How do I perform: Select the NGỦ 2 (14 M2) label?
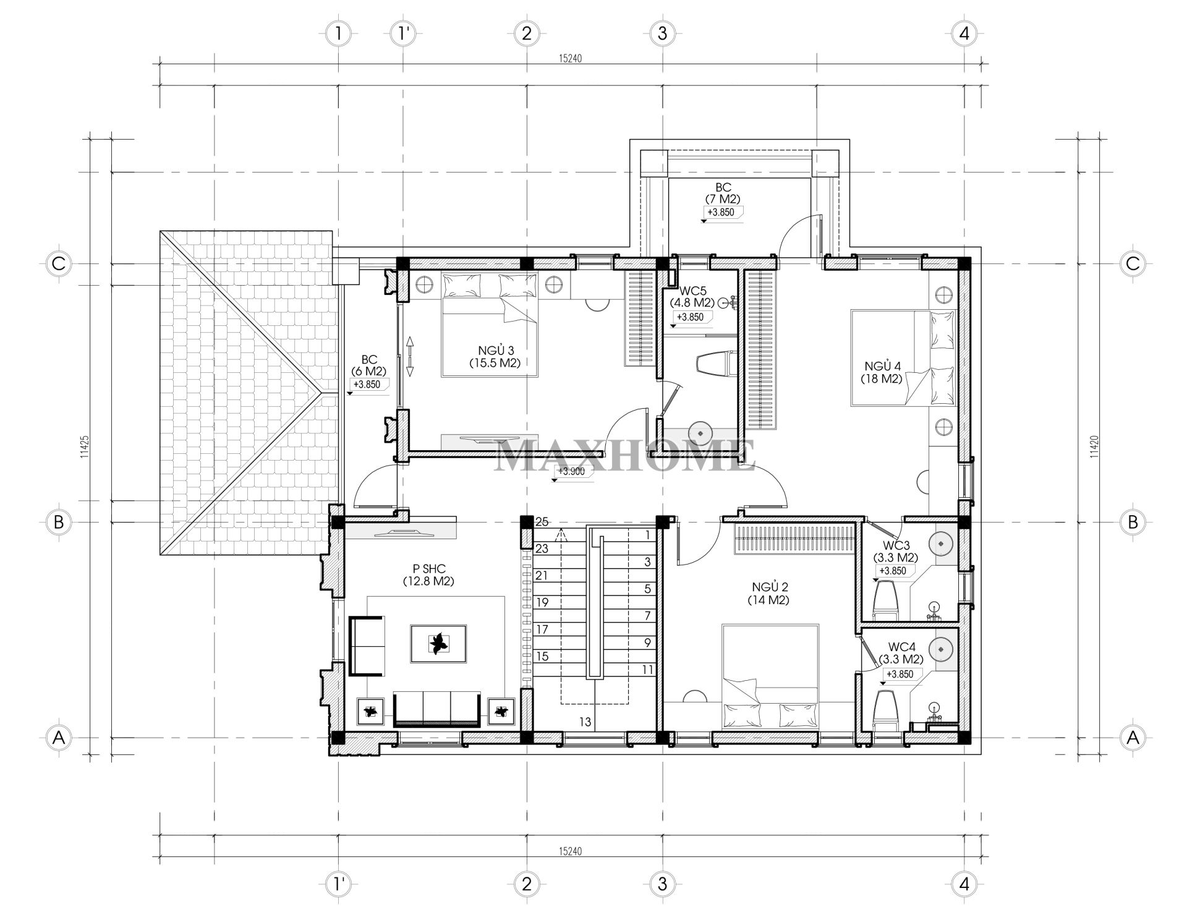pos(770,593)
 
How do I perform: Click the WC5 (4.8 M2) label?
pos(692,297)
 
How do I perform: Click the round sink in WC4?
pos(941,649)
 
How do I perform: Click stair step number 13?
pos(585,722)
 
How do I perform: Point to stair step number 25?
pos(542,522)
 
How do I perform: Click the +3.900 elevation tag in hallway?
pos(571,471)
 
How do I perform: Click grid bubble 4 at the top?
pos(964,33)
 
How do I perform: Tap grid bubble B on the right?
pos(1133,522)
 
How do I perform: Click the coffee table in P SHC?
pos(439,644)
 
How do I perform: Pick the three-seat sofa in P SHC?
pos(436,709)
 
